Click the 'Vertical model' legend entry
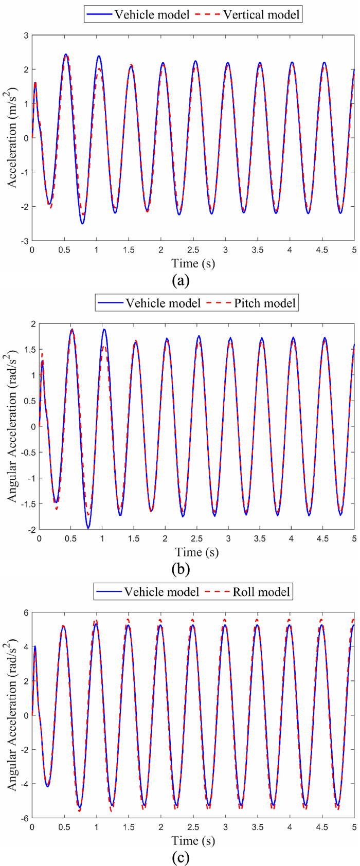point(261,14)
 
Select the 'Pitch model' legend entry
point(265,303)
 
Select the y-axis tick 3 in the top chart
point(25,35)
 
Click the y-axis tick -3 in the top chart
point(23,241)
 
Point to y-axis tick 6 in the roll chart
point(25,612)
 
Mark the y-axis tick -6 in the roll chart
point(23,818)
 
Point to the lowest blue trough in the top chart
point(82,223)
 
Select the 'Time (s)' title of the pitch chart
point(196,552)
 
